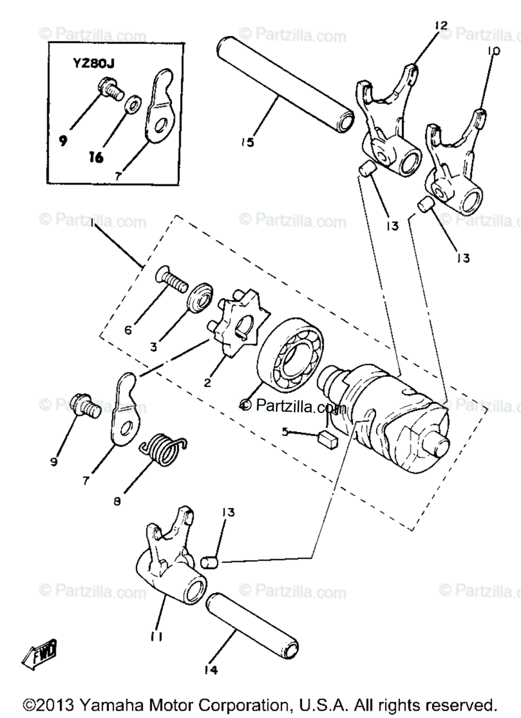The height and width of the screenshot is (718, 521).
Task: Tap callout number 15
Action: point(247,142)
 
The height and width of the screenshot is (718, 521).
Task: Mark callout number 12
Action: point(441,25)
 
